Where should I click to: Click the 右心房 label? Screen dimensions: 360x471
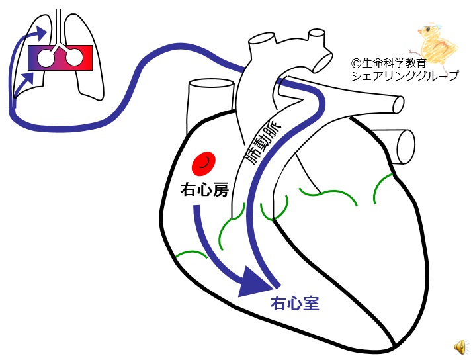click(204, 190)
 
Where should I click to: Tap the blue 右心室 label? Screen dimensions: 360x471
click(295, 304)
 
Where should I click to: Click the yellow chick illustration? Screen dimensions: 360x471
click(435, 42)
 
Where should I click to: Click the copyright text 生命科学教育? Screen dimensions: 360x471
click(391, 64)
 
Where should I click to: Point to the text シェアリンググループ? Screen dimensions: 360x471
click(405, 77)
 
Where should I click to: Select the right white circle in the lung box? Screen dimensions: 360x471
click(75, 58)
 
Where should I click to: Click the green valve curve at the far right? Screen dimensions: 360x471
click(384, 187)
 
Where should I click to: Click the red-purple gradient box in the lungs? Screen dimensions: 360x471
click(60, 58)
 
